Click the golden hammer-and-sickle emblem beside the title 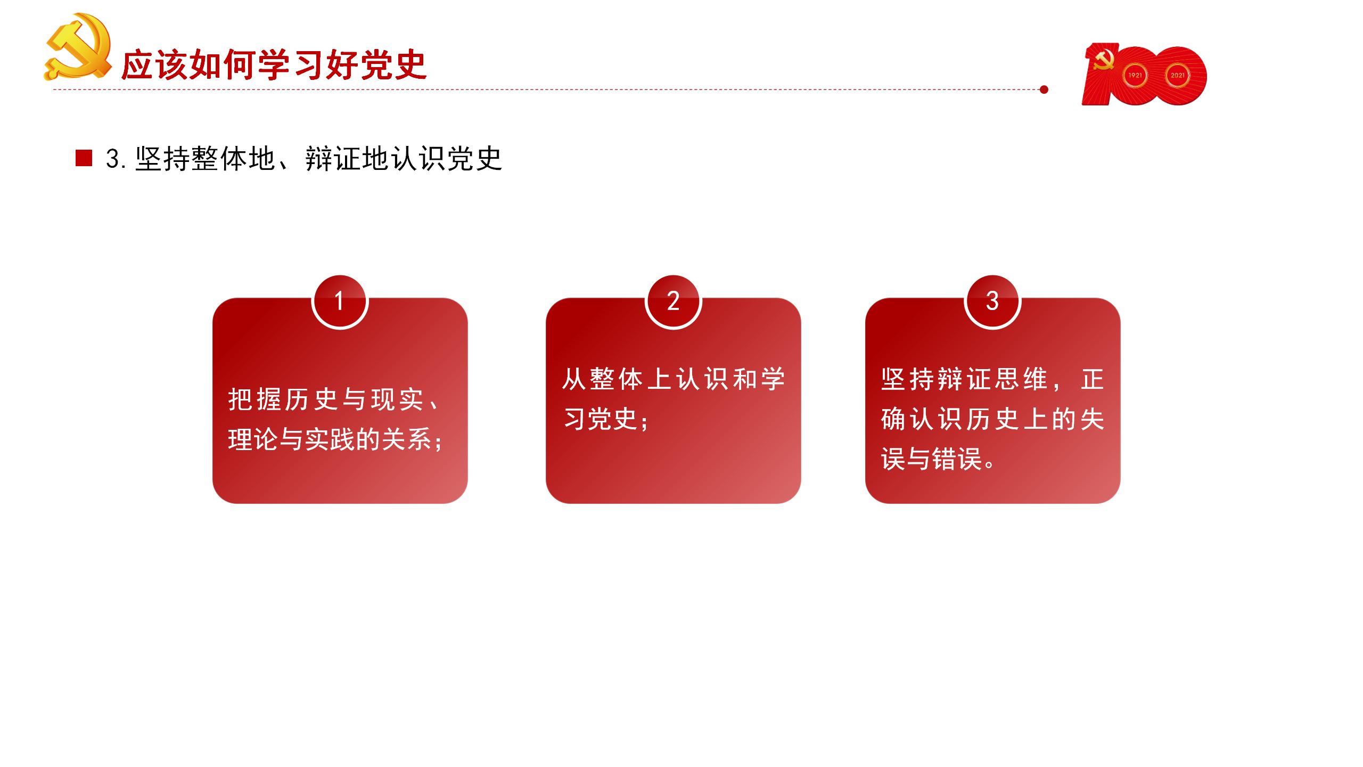78,47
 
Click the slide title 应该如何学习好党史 274,66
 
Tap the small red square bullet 84,158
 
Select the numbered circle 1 340,301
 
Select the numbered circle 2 674,301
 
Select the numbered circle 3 992,301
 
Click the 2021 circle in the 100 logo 1178,76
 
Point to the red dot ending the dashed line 1044,89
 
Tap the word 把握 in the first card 254,399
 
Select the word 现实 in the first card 397,399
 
